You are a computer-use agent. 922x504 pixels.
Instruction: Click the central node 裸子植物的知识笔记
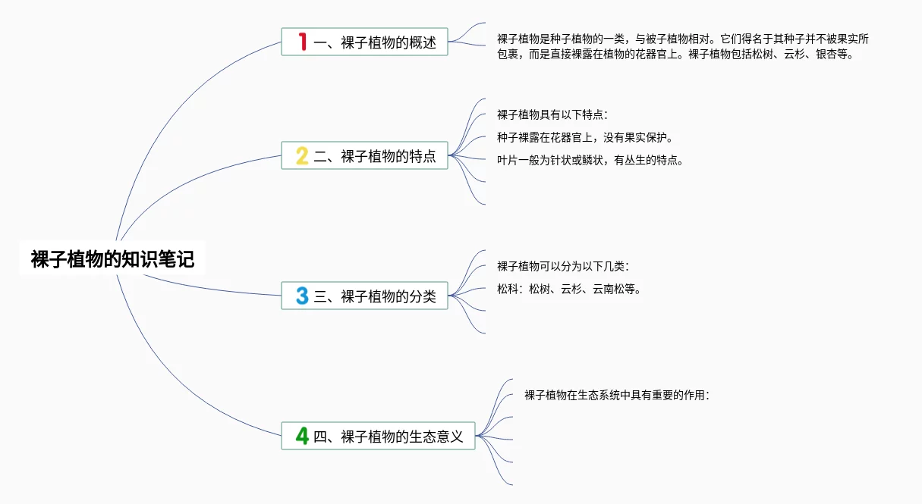[112, 259]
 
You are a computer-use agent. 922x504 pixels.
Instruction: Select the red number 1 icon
[303, 42]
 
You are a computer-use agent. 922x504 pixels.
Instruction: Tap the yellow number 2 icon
[302, 156]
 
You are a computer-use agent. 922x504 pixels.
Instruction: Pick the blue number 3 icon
[302, 296]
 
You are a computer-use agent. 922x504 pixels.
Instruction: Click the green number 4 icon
[302, 436]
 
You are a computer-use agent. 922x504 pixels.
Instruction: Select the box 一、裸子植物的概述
[364, 42]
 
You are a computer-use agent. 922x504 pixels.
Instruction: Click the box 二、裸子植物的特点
[364, 155]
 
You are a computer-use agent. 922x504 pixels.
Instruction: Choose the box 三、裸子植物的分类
[364, 296]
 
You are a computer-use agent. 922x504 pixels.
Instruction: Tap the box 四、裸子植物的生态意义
[378, 436]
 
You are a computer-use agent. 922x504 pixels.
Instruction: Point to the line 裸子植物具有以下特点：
[552, 114]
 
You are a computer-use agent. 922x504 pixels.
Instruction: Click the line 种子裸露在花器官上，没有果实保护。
[585, 137]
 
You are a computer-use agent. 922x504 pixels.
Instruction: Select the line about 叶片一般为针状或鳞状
[590, 160]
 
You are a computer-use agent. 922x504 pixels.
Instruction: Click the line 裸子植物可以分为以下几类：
[563, 266]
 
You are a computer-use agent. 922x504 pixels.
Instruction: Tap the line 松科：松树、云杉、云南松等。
[569, 289]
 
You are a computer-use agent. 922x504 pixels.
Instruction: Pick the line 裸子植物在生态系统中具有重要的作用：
[617, 395]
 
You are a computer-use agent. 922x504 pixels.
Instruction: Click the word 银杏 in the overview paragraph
[826, 55]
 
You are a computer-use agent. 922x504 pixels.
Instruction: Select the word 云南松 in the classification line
[609, 289]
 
